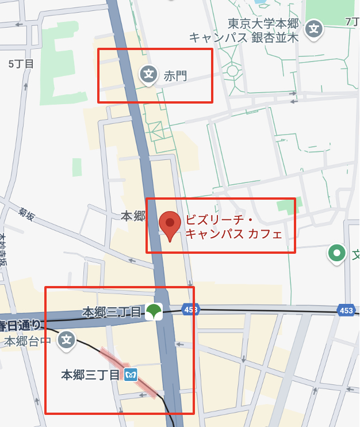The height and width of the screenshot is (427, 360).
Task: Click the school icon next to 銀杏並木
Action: pos(313,28)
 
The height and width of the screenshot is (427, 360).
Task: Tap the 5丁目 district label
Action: pos(21,63)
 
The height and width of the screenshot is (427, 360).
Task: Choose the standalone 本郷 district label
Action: pos(132,216)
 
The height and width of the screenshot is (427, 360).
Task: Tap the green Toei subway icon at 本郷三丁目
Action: pos(154,312)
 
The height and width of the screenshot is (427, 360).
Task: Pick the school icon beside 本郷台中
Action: pos(67,340)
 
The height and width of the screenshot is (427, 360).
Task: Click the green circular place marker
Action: pos(336,252)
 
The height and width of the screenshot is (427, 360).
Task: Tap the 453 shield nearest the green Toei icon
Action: pos(190,310)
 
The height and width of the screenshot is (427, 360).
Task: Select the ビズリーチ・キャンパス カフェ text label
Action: pos(233,227)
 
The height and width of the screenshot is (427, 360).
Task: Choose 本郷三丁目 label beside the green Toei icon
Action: pos(112,312)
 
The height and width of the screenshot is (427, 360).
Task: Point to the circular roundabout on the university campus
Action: pos(232,71)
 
